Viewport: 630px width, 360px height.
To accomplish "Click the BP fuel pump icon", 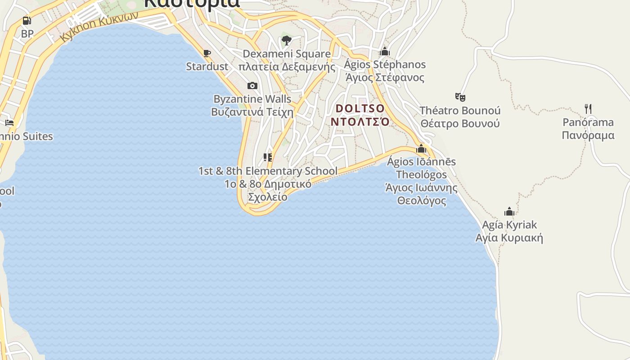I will [27, 21].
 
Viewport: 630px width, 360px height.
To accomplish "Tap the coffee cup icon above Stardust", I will [207, 54].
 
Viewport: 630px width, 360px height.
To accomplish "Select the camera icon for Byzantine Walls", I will [252, 85].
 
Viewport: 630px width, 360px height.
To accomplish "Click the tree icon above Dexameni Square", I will [286, 41].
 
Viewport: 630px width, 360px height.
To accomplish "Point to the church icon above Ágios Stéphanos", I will [385, 51].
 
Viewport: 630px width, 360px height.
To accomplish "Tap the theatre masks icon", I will [460, 97].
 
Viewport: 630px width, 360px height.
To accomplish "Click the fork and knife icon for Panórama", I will [588, 108].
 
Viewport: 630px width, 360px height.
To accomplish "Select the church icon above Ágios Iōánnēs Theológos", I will [421, 148].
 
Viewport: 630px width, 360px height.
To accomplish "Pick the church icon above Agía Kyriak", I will [509, 211].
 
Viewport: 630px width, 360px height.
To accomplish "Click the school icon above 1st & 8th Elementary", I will [268, 157].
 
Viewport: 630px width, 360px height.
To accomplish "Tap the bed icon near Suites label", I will [9, 122].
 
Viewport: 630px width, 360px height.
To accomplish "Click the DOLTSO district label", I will [360, 108].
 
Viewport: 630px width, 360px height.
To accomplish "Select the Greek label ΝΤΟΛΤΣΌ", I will [360, 121].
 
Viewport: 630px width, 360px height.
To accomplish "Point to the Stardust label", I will [207, 67].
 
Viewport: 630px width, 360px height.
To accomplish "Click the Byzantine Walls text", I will [252, 99].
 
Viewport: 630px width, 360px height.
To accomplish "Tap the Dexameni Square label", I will [287, 54].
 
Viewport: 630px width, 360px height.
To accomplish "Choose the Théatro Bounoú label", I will [460, 111].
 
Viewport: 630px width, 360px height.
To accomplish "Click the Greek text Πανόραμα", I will [588, 135].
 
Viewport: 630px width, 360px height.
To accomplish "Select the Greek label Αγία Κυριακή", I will [509, 238].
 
